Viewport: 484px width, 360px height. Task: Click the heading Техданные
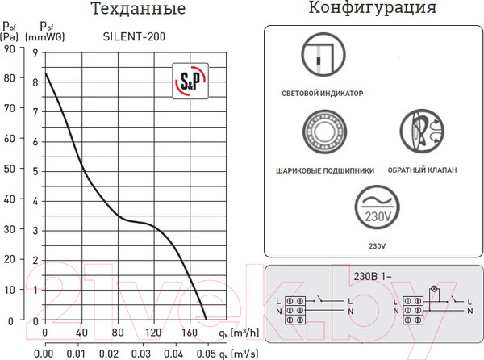tap(137, 10)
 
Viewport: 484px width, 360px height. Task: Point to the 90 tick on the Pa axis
tap(10, 48)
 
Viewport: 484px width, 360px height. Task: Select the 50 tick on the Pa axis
tap(10, 170)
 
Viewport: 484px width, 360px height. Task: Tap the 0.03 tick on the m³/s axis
tap(142, 353)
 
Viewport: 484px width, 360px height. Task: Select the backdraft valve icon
tap(422, 132)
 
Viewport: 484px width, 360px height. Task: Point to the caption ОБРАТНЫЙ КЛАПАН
tap(422, 170)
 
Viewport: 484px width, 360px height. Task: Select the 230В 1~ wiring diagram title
tap(373, 274)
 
